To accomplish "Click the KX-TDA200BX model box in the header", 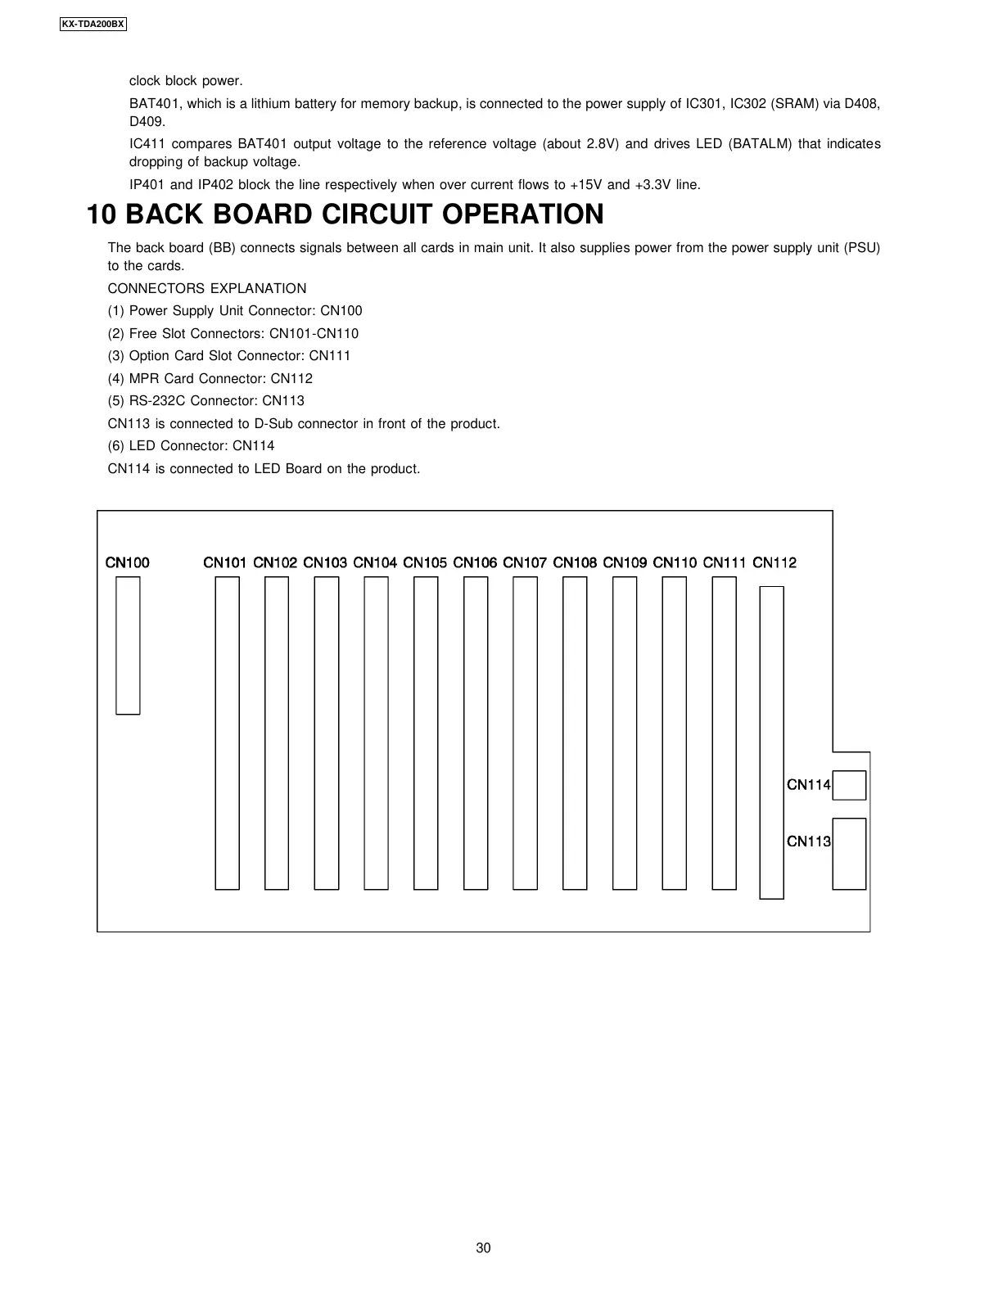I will pos(93,24).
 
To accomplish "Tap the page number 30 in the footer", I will pos(484,1248).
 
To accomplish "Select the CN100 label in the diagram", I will pos(128,562).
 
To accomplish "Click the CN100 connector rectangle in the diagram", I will pos(128,645).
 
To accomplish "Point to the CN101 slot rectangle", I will pos(227,733).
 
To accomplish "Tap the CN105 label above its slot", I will pos(425,562).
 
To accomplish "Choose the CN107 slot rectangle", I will pos(525,733).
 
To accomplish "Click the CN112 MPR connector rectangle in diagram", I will pos(771,742).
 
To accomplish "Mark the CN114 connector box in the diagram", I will pos(849,785).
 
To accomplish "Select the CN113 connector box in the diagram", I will pos(849,854).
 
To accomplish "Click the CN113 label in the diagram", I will pos(808,841).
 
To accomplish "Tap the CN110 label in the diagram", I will pos(675,562).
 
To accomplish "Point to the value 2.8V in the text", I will pos(603,144).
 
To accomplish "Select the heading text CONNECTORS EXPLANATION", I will pos(207,288).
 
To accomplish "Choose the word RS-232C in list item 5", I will pos(156,400).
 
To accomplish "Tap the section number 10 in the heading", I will pos(102,214).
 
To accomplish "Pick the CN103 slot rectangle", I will pos(326,733).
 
